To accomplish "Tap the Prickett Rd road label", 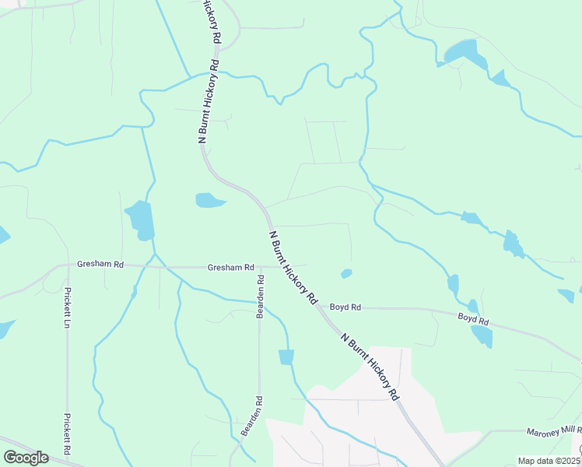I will [68, 434].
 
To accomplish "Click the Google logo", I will [25, 457].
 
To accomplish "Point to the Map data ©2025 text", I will [549, 461].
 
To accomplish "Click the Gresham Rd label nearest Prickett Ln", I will [100, 265].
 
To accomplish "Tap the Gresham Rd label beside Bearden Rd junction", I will [231, 268].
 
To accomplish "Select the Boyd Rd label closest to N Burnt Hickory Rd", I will [345, 307].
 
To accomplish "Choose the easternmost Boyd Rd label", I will [473, 319].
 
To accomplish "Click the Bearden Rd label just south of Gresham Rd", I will [261, 296].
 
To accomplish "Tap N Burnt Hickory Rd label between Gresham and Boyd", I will [293, 267].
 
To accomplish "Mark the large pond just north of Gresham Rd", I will [141, 219].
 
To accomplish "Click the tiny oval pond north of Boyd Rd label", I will [346, 273].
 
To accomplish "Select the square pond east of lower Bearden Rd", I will [286, 356].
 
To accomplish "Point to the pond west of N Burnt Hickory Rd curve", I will [209, 200].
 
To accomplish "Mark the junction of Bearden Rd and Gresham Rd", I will [261, 267].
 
